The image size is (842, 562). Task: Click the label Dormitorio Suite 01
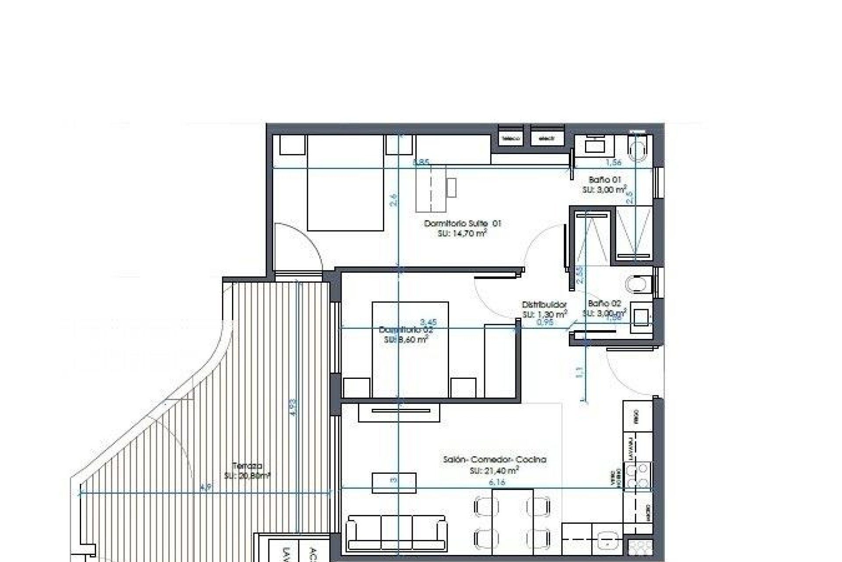tap(462, 223)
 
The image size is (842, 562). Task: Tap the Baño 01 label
tap(605, 180)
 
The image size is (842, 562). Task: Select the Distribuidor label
tap(544, 304)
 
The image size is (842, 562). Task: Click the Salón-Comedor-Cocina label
tap(495, 460)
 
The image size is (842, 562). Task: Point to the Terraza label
tap(248, 466)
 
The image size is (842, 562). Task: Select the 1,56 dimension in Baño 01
tap(614, 162)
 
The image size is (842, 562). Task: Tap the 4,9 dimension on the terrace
tap(205, 487)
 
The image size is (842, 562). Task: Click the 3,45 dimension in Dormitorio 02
tap(428, 322)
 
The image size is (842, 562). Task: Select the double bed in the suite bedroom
tap(346, 184)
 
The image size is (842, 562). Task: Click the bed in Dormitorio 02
tap(410, 349)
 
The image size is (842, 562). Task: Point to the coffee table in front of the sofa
tap(394, 483)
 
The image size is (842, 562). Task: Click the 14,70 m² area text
tap(462, 234)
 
